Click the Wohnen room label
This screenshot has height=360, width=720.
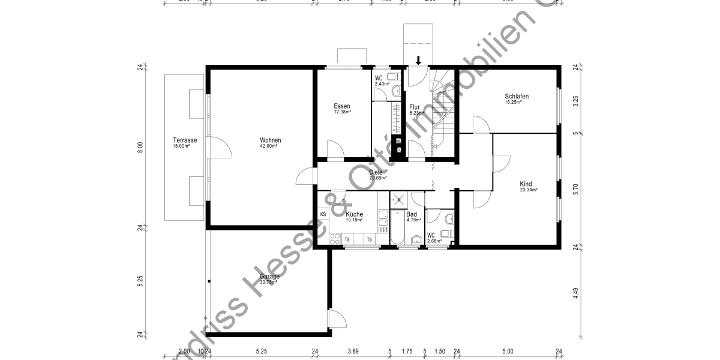[270, 140]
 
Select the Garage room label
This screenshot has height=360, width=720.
[270, 277]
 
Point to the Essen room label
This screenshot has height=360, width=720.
[342, 106]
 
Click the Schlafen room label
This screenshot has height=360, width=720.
[517, 96]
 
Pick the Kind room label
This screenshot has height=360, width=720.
[526, 184]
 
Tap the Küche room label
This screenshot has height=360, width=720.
[354, 214]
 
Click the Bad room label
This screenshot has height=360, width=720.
[412, 214]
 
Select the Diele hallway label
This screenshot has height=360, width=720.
[376, 173]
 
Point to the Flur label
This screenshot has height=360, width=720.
[415, 107]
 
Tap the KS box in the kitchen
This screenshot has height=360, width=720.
[323, 214]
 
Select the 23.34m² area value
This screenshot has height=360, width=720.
[529, 190]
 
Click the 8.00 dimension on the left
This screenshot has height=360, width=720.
[140, 146]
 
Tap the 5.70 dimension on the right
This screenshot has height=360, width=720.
[575, 190]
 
